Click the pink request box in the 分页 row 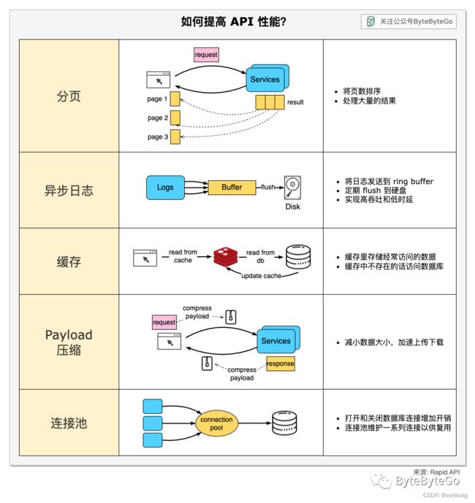(206, 55)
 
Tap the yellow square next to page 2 (175, 118)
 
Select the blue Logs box (165, 188)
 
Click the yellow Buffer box (232, 188)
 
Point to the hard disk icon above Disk (292, 188)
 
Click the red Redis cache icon (226, 257)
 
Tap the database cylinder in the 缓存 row (298, 257)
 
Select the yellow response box (281, 364)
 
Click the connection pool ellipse (216, 423)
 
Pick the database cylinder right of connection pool (284, 423)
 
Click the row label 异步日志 (69, 191)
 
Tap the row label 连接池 (69, 423)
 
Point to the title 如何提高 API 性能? (234, 21)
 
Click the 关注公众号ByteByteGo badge (408, 21)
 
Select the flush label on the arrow (268, 187)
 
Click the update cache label (262, 276)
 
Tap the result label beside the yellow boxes (295, 102)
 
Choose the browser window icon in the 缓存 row (145, 258)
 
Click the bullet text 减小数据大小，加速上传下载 (394, 342)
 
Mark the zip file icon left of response (207, 364)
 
